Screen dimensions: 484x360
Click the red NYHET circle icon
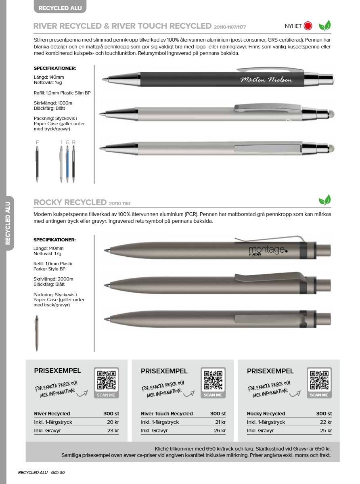pyautogui.click(x=308, y=26)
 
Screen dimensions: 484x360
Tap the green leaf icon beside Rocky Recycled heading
pyautogui.click(x=324, y=200)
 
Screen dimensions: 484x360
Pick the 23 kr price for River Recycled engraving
pyautogui.click(x=113, y=431)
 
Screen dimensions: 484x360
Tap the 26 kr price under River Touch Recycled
pyautogui.click(x=220, y=431)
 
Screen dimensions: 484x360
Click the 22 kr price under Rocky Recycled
pyautogui.click(x=326, y=422)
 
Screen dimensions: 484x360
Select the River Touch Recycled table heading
pyautogui.click(x=167, y=414)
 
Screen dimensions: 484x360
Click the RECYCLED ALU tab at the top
pyautogui.click(x=59, y=8)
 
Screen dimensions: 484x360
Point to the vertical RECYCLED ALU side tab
pyautogui.click(x=8, y=223)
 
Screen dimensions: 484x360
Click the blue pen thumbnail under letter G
pyautogui.click(x=67, y=164)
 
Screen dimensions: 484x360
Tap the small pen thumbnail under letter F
pyautogui.click(x=37, y=164)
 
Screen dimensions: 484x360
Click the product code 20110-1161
pyautogui.click(x=119, y=203)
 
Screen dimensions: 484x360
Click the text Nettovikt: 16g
pyautogui.click(x=48, y=82)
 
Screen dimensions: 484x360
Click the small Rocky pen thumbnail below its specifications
pyautogui.click(x=37, y=333)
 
